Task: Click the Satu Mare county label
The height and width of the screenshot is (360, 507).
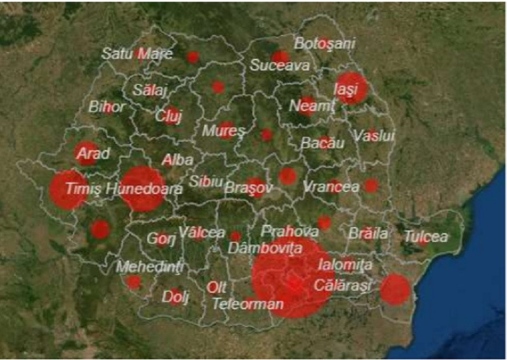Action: click(x=137, y=54)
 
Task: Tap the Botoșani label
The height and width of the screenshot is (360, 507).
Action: click(x=324, y=44)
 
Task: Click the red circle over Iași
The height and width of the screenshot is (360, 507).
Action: click(x=352, y=87)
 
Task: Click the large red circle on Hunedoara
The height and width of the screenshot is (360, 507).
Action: click(x=142, y=188)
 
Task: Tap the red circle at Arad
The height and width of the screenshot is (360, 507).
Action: click(x=87, y=153)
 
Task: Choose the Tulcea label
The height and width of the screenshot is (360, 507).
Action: click(x=426, y=236)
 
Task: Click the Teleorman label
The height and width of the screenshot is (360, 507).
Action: click(x=248, y=304)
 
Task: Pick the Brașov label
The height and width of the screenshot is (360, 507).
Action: click(x=248, y=188)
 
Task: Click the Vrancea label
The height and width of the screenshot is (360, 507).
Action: click(x=331, y=187)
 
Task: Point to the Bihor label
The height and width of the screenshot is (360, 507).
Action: click(x=107, y=106)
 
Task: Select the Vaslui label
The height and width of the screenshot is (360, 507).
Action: click(x=374, y=136)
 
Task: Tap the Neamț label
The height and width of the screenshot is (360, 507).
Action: click(x=311, y=106)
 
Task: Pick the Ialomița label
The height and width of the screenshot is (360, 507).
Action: click(x=345, y=264)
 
